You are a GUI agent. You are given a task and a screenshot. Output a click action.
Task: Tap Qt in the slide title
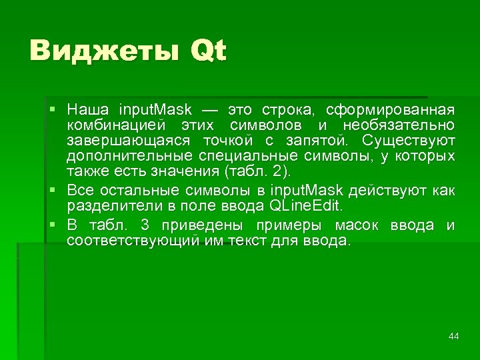coord(208,51)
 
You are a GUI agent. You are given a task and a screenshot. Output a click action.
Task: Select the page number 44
coord(454,336)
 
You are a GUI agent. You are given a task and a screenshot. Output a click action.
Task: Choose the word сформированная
coord(391,109)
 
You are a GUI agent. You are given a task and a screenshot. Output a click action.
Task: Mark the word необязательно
coord(399,125)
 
